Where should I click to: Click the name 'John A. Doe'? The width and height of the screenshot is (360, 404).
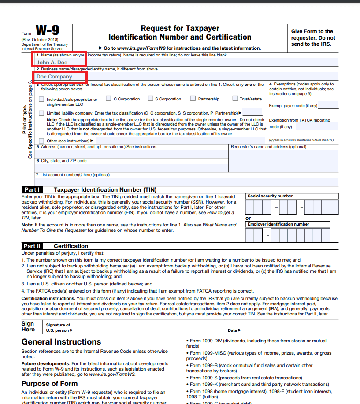[x=52, y=63]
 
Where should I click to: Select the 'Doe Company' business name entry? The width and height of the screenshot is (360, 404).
[x=54, y=77]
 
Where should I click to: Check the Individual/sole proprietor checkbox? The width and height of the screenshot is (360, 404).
[x=41, y=99]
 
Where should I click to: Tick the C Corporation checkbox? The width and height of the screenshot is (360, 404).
[x=108, y=99]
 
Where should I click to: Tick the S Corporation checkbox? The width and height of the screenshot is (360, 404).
[x=151, y=99]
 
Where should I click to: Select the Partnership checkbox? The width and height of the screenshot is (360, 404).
[x=193, y=99]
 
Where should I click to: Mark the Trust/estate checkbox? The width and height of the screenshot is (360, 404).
[x=235, y=99]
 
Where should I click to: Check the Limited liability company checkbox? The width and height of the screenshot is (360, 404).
[x=41, y=113]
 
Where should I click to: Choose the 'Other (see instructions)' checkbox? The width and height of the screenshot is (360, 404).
[x=41, y=141]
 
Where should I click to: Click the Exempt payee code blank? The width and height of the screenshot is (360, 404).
[x=328, y=106]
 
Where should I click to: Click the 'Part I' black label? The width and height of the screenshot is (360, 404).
[x=32, y=189]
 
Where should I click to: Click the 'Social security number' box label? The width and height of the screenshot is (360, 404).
[x=270, y=196]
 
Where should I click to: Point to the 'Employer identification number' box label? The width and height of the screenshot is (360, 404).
[x=278, y=224]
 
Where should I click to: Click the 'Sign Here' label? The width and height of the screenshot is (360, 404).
[x=28, y=326]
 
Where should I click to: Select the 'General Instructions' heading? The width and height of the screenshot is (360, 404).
[x=61, y=342]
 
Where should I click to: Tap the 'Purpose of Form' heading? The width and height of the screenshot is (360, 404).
[x=50, y=383]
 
